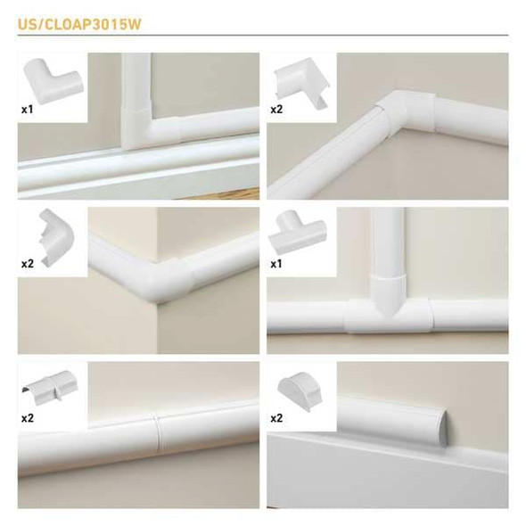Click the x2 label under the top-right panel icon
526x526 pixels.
point(276,110)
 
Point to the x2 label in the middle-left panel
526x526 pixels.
point(28,265)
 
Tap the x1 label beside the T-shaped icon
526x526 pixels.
point(276,265)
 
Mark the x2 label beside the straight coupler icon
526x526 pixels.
point(28,416)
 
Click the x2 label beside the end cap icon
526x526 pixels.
point(276,417)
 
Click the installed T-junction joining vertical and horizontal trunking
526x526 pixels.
point(389,308)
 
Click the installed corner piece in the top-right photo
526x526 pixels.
point(392,116)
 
